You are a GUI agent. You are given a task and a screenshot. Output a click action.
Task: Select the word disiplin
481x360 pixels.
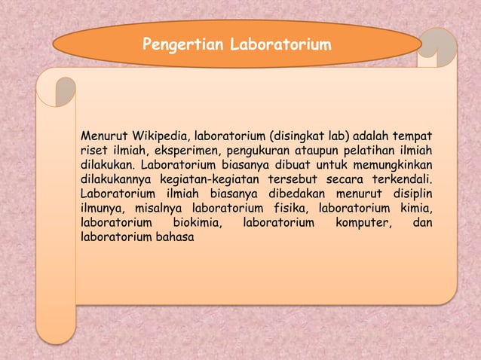click(409, 194)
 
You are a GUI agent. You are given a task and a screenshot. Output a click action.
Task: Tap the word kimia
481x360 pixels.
click(415, 208)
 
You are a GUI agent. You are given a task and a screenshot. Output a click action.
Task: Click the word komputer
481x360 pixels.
click(357, 222)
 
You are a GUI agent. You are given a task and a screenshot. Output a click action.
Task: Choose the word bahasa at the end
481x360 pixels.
click(175, 236)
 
